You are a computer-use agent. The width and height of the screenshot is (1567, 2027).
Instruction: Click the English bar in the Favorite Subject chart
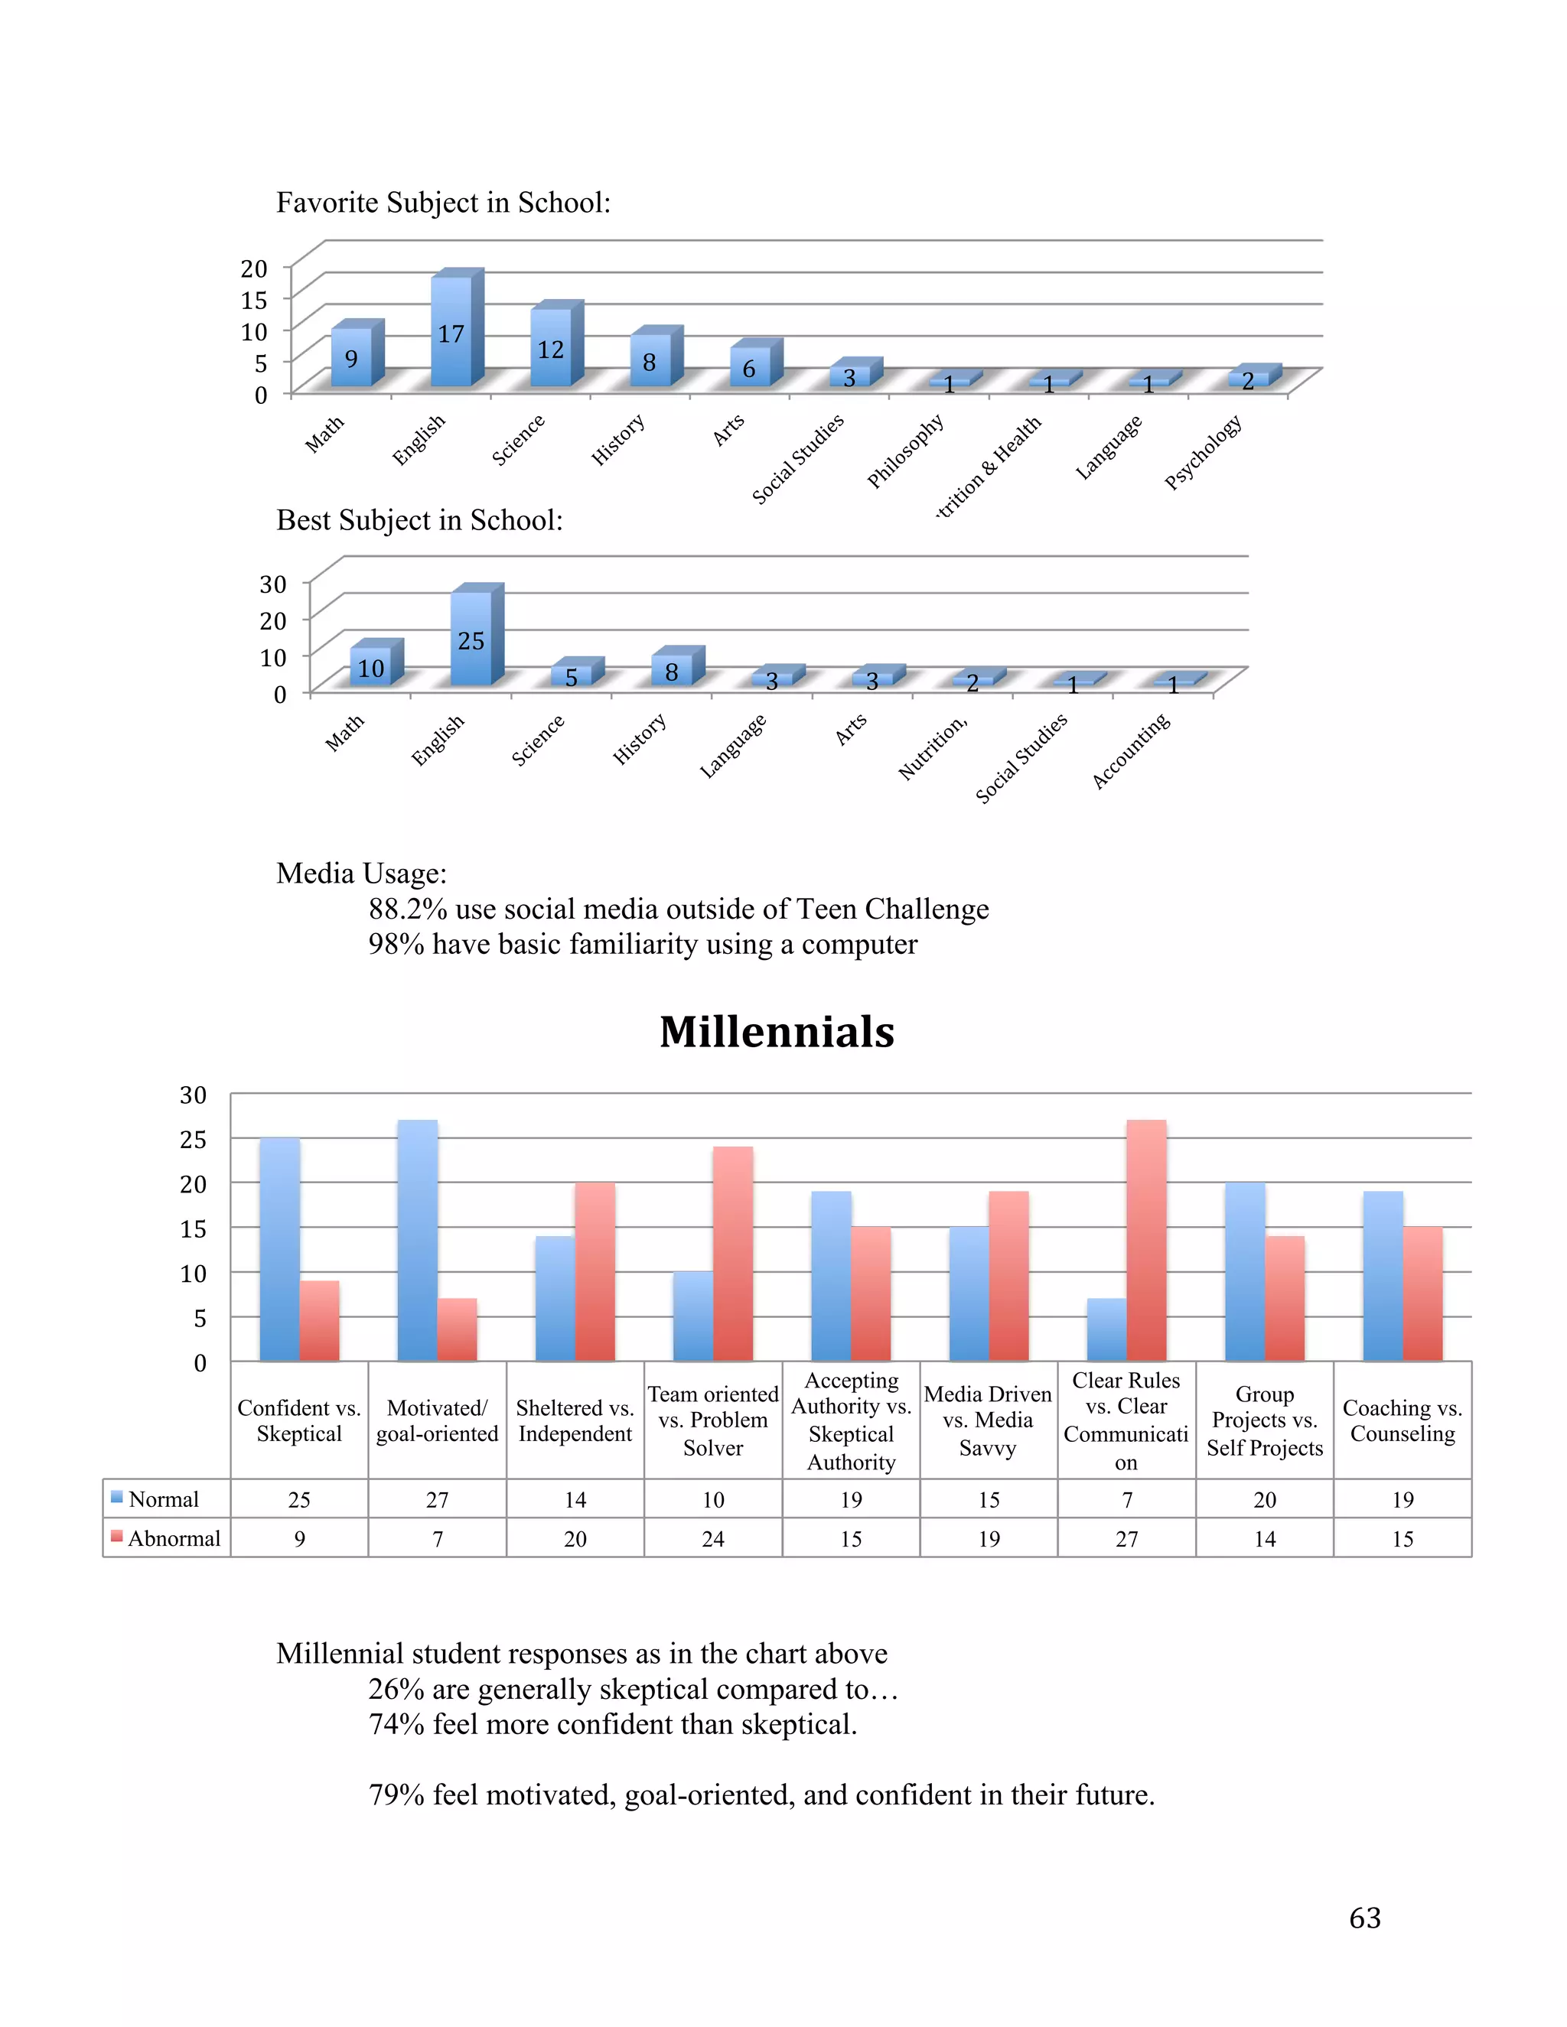point(451,331)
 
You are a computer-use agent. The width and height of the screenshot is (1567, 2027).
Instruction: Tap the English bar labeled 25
point(471,639)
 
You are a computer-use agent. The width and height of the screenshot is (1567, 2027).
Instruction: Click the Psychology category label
point(1203,452)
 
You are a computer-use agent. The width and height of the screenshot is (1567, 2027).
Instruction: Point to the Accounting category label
point(1131,752)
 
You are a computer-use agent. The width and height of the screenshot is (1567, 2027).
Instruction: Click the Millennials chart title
point(777,1032)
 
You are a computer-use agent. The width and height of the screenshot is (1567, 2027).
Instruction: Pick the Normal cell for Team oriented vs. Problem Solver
point(713,1500)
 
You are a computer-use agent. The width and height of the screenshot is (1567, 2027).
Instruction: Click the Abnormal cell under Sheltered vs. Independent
point(575,1539)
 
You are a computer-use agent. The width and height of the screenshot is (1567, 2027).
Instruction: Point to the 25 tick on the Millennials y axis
point(193,1139)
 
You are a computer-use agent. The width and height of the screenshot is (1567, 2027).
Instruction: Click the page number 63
point(1365,1918)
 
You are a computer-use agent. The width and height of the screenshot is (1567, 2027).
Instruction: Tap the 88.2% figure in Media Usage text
point(408,909)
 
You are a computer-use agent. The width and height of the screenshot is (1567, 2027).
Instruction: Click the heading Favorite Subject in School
point(444,203)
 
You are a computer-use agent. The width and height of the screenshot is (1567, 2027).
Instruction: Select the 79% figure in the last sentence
point(396,1795)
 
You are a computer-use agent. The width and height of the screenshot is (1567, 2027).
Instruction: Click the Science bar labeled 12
point(550,348)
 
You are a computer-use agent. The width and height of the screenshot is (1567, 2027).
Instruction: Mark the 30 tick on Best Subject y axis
point(273,584)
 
